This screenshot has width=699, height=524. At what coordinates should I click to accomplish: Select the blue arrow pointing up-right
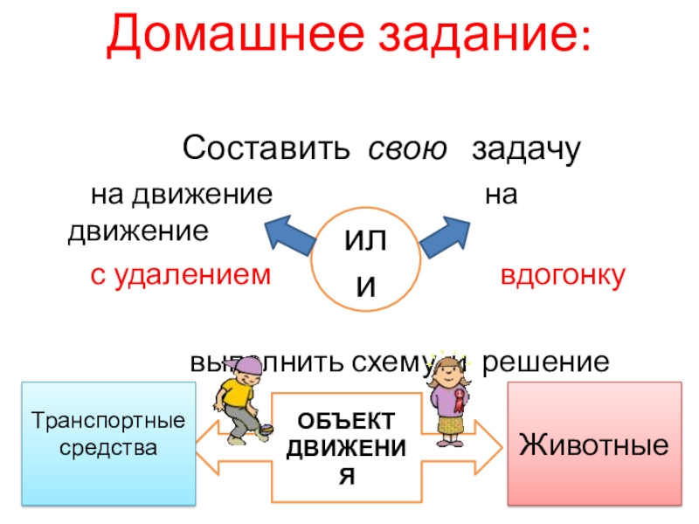tap(446, 233)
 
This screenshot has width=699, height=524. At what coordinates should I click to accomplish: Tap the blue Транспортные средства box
tap(108, 443)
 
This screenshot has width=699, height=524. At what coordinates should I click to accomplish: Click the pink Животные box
tap(594, 443)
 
